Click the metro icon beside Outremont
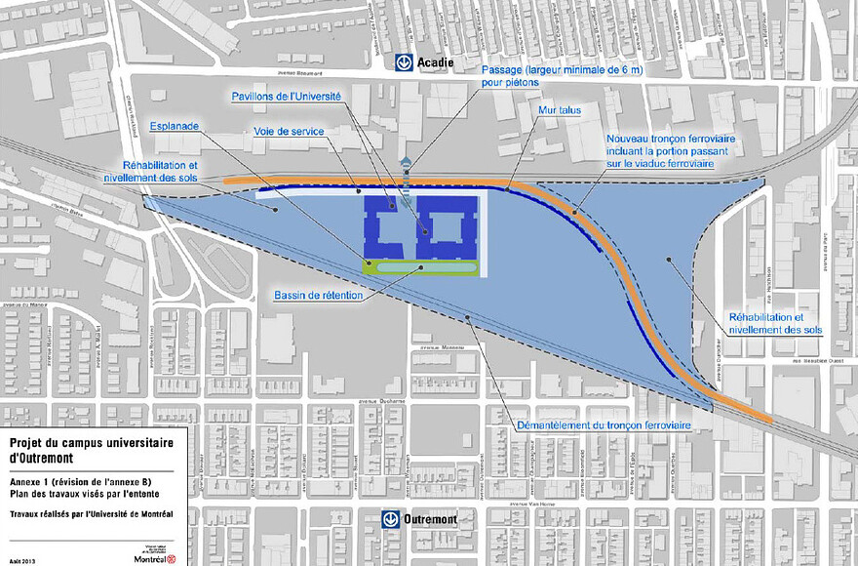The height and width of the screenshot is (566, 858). [x=391, y=519]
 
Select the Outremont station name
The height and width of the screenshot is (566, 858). [x=432, y=519]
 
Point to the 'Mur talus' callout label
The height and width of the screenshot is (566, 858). [x=559, y=110]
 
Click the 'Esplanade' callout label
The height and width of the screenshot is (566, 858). [x=175, y=127]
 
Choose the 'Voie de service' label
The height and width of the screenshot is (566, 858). [x=288, y=131]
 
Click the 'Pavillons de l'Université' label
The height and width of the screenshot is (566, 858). [x=285, y=97]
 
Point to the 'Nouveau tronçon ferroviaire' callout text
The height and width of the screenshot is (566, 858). [x=670, y=151]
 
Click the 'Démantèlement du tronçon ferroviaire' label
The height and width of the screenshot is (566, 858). [x=602, y=425]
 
